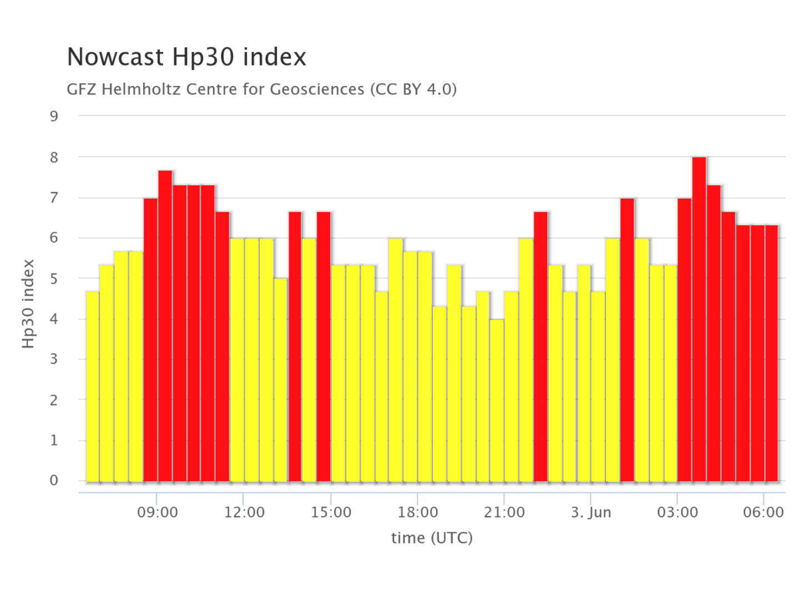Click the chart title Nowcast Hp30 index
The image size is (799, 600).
pos(186,57)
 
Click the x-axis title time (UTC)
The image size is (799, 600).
pos(432,538)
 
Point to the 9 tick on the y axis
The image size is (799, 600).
pos(54,116)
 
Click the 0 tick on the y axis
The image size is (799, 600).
pos(54,481)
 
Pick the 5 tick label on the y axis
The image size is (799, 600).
pos(54,278)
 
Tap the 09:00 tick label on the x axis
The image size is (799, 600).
pos(158,512)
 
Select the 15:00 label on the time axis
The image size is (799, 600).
pos(331,512)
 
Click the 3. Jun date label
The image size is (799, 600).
pos(591,512)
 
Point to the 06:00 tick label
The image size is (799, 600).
pos(763,512)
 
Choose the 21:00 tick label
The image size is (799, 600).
pos(504,512)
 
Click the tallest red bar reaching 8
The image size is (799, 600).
pos(699,319)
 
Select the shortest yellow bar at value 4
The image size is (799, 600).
pos(497,400)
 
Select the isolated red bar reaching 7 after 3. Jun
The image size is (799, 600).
pos(627,339)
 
